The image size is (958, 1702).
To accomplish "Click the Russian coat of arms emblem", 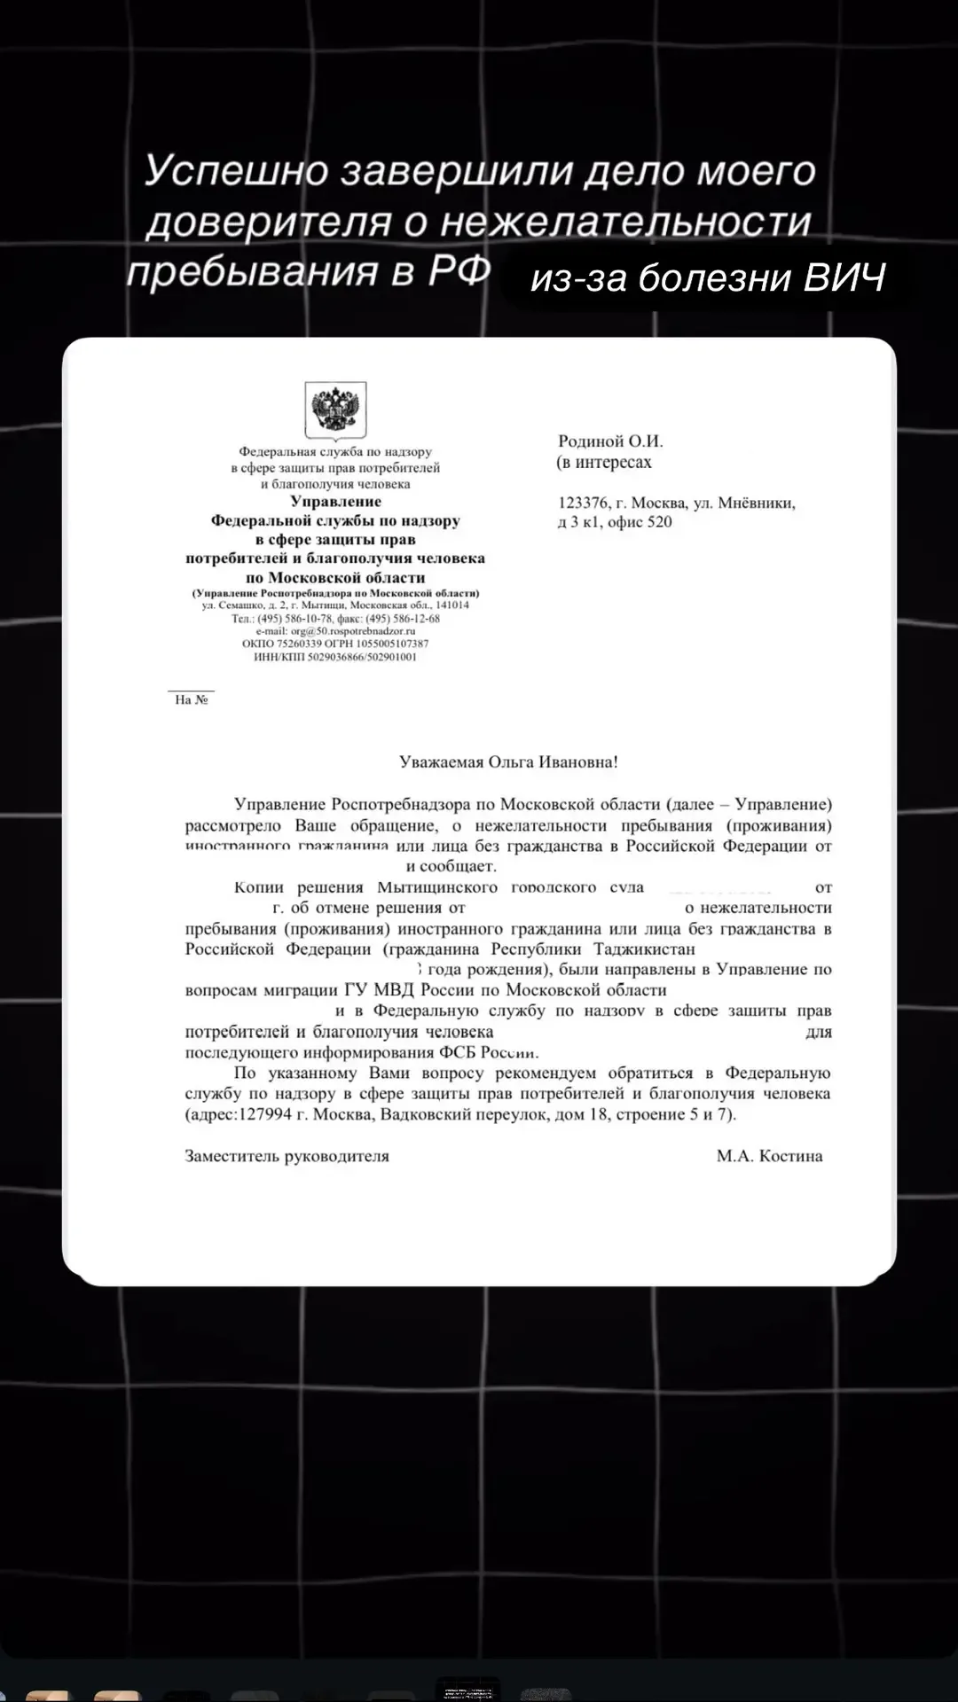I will click(335, 410).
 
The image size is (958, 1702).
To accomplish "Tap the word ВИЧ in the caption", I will click(844, 278).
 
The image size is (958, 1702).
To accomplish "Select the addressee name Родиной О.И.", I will click(610, 441).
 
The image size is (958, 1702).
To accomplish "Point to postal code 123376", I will click(582, 504).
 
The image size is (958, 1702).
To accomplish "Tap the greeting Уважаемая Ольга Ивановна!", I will click(508, 761).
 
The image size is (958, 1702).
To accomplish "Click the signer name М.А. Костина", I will click(769, 1156).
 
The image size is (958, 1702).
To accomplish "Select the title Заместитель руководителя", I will click(287, 1156).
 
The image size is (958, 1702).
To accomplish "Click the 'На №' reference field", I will click(192, 699).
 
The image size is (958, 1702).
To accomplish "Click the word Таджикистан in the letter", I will click(644, 949).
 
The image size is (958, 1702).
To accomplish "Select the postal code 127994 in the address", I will click(265, 1114).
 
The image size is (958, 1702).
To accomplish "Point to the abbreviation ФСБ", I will click(459, 1052).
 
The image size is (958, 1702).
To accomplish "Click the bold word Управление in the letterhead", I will click(335, 502).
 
